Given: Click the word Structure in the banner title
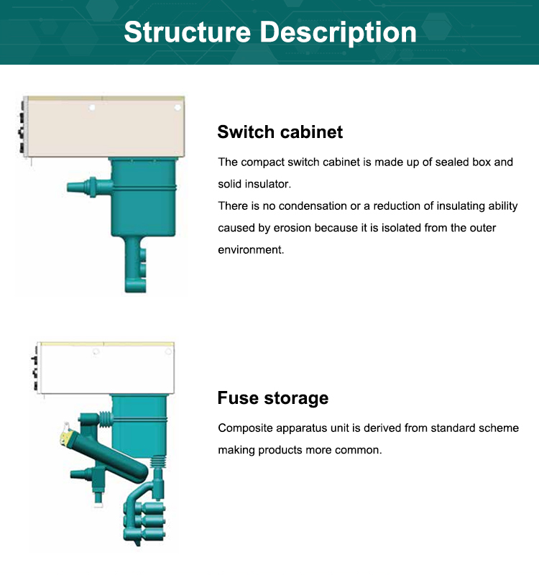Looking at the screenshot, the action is (188, 32).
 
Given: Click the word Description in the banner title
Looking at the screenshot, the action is (338, 33).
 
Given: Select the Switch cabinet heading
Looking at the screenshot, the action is (280, 132).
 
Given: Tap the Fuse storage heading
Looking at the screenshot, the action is (273, 398).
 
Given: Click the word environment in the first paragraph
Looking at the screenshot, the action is (251, 249).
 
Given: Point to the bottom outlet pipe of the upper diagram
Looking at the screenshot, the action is (135, 264).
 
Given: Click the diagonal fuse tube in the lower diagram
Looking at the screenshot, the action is (106, 454).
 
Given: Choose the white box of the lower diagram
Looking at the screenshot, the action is (106, 368).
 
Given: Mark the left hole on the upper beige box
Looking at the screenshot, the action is (92, 107).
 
